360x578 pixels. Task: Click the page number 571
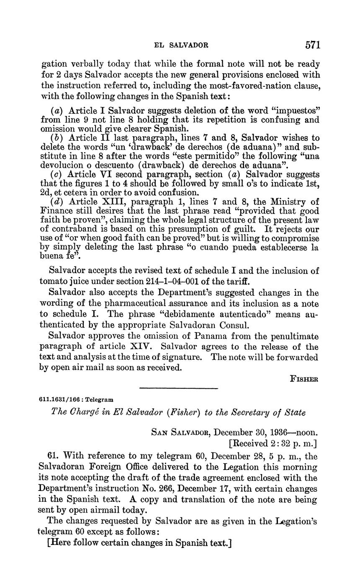pos(313,45)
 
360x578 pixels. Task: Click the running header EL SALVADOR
pos(181,45)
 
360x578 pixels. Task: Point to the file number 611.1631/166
pos(61,400)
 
